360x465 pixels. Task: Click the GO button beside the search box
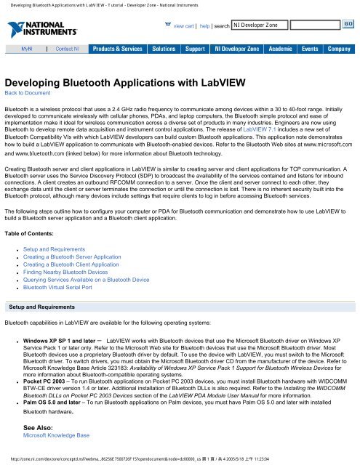click(x=348, y=24)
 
